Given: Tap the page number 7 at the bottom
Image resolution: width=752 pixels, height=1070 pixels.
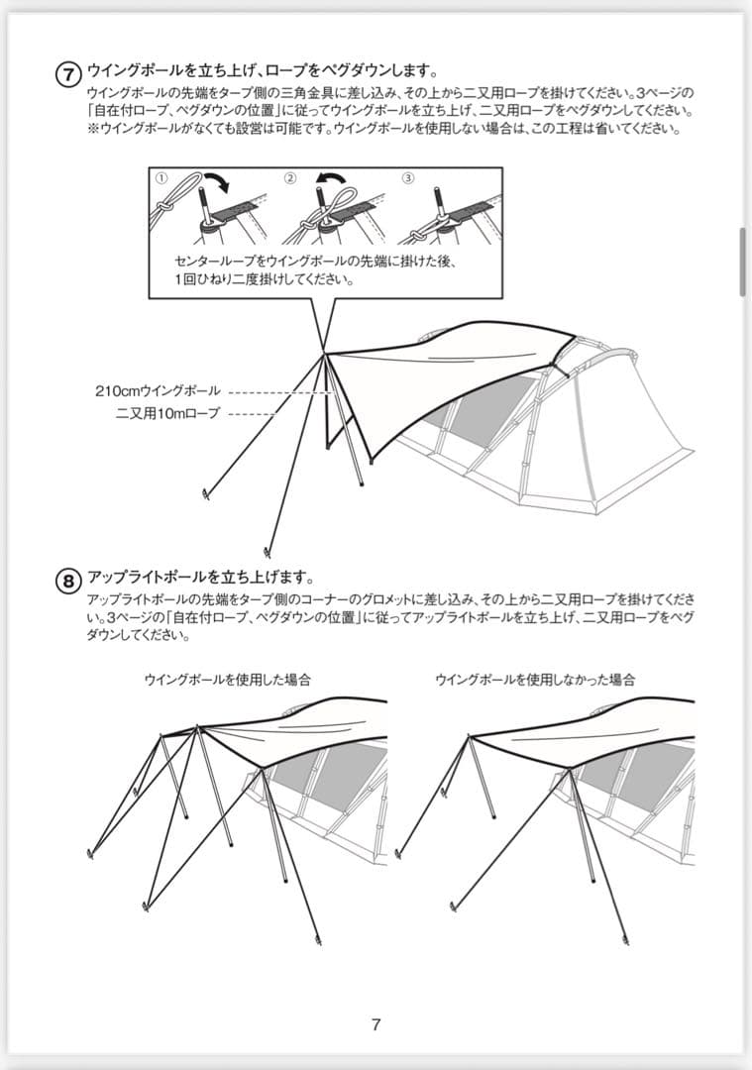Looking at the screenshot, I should click(x=376, y=1025).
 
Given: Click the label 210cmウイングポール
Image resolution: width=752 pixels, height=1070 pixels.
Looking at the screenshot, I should click(x=159, y=391).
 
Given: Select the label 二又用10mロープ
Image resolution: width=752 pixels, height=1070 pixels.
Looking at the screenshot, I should click(x=165, y=413).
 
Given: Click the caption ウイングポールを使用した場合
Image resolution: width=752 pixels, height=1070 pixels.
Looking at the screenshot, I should click(x=228, y=680).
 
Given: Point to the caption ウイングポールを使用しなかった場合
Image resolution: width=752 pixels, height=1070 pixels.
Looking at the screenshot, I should click(x=534, y=680).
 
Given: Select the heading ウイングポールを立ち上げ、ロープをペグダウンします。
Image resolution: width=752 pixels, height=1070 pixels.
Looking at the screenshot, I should click(x=263, y=69).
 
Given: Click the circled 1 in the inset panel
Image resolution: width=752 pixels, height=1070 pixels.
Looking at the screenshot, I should click(x=161, y=177).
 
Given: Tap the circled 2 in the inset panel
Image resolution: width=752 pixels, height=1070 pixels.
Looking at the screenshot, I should click(x=289, y=177).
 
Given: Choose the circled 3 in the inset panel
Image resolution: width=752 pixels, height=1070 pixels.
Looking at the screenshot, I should click(x=408, y=177).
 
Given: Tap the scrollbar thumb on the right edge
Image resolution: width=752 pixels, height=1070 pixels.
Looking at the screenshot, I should click(x=743, y=262).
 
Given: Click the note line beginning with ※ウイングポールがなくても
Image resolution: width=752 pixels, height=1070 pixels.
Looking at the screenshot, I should click(x=382, y=129).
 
